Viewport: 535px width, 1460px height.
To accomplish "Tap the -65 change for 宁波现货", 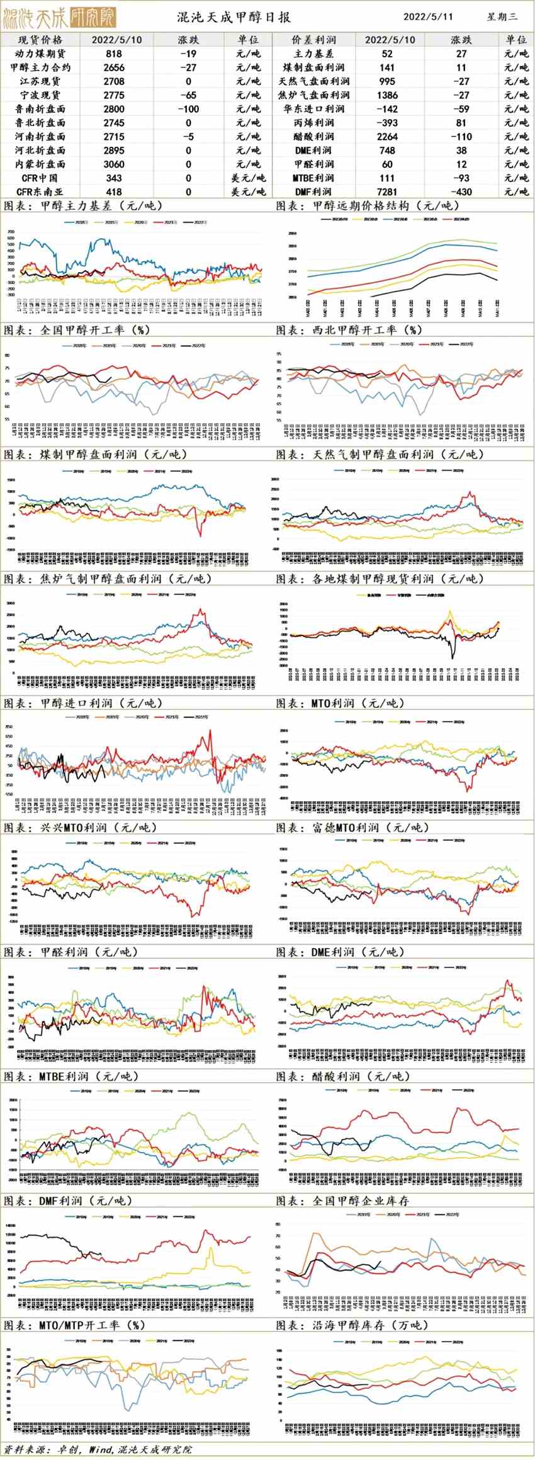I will point(188,95).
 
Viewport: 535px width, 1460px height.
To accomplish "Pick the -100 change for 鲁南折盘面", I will point(188,109).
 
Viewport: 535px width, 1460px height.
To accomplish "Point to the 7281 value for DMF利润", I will point(388,191).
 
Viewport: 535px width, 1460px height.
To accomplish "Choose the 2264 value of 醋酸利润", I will point(388,137).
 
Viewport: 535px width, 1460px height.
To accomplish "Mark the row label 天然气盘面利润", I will point(314,81).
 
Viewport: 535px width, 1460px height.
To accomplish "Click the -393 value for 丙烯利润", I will point(388,123).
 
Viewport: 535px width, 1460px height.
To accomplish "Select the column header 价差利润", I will point(314,40).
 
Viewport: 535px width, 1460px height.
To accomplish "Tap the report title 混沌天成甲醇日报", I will point(234,17).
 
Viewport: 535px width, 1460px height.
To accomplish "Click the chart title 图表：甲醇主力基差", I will point(82,206).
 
